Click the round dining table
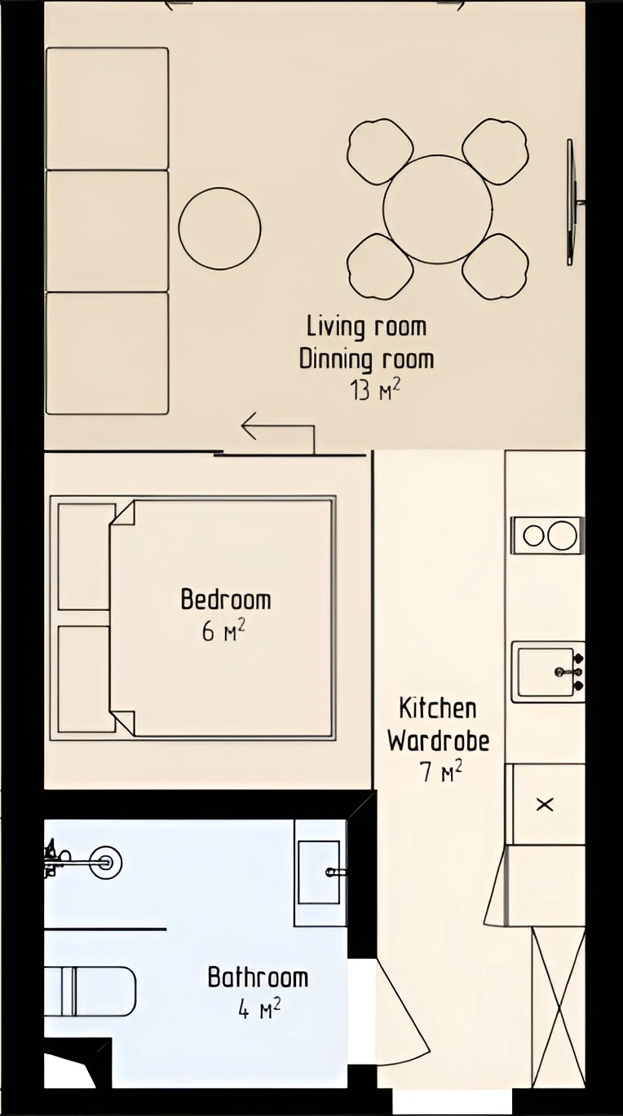(x=437, y=209)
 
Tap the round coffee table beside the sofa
(x=219, y=228)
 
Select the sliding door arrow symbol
(x=278, y=433)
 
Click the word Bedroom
(x=226, y=600)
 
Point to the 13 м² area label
(x=374, y=390)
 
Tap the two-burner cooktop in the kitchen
(x=547, y=535)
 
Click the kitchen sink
(x=548, y=672)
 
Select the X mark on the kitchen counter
(x=544, y=804)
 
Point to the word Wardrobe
(x=439, y=740)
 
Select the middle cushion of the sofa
(x=108, y=231)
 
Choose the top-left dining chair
(x=381, y=151)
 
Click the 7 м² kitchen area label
(x=441, y=772)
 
